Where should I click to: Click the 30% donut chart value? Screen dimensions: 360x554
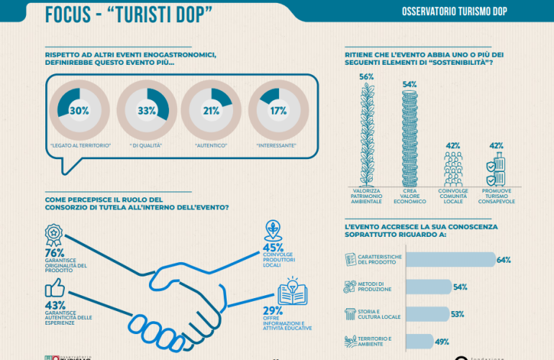click(x=78, y=111)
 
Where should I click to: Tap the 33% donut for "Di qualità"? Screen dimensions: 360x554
click(x=146, y=111)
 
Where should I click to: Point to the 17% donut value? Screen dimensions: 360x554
click(x=278, y=111)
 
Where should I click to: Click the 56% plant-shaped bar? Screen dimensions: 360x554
click(x=367, y=132)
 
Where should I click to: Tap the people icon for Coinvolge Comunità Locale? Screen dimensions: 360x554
click(x=453, y=169)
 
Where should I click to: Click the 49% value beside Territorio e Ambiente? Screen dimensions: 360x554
click(x=443, y=341)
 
